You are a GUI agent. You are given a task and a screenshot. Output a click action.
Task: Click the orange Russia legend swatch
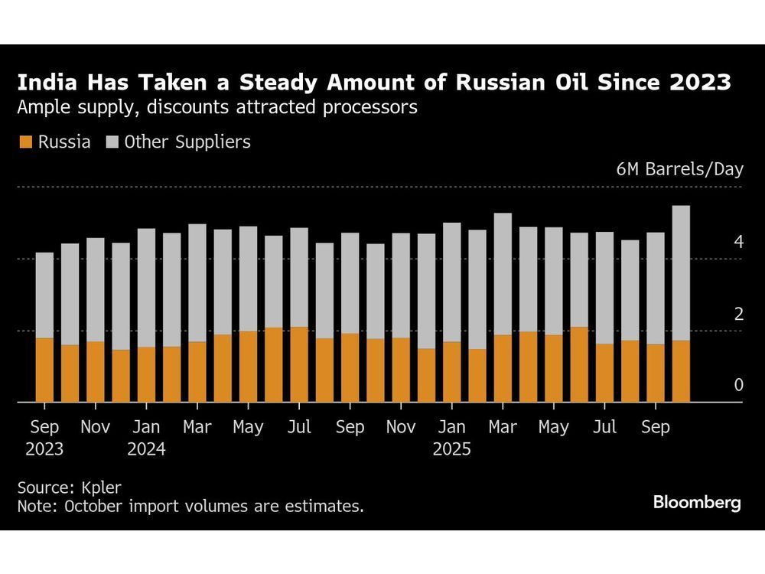25,142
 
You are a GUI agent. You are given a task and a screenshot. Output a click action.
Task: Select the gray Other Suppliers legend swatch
112,142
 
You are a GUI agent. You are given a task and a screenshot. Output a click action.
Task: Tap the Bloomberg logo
696,503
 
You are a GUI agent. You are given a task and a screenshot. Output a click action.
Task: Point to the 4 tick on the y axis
738,243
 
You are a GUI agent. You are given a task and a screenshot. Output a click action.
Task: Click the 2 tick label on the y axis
738,315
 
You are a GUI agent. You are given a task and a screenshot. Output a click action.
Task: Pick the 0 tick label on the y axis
738,386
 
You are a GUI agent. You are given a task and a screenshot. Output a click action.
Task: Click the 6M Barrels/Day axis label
679,169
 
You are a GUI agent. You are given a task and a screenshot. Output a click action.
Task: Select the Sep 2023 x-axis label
44,437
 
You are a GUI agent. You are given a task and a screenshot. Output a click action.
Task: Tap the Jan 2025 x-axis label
451,437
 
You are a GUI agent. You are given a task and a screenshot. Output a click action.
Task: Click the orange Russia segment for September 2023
44,370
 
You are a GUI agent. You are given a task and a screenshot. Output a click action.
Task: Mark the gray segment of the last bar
681,272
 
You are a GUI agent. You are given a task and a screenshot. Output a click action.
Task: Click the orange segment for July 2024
299,364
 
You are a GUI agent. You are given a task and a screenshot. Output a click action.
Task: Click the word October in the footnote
93,506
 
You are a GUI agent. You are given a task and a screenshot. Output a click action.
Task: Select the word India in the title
43,83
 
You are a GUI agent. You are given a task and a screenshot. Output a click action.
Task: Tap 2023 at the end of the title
702,83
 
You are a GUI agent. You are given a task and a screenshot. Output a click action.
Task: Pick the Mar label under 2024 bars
197,427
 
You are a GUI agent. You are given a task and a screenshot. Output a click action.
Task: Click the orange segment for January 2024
146,374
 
